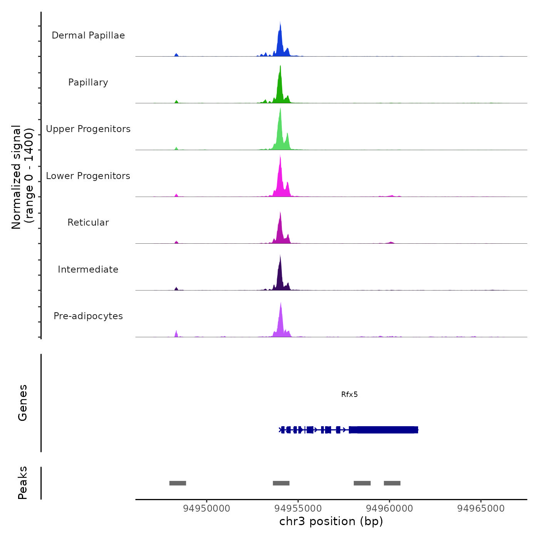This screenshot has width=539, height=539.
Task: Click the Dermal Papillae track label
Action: pyautogui.click(x=88, y=35)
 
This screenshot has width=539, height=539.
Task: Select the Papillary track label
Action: pyautogui.click(x=88, y=82)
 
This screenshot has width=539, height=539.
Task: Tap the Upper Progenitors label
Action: pyautogui.click(x=88, y=129)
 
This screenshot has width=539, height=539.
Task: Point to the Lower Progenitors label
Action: pyautogui.click(x=88, y=176)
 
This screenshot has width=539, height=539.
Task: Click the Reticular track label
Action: pyautogui.click(x=88, y=223)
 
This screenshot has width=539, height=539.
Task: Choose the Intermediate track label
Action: pyautogui.click(x=88, y=269)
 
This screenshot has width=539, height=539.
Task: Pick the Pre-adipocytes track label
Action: pyautogui.click(x=88, y=316)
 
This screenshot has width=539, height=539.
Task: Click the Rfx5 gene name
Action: pyautogui.click(x=349, y=394)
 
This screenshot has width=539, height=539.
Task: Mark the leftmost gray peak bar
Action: pyautogui.click(x=177, y=483)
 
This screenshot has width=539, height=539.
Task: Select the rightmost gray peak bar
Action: pyautogui.click(x=392, y=483)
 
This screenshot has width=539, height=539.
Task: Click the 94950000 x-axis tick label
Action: pyautogui.click(x=206, y=508)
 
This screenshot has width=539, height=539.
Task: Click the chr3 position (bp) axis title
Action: pyautogui.click(x=331, y=521)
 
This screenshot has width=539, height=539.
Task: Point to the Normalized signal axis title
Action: pyautogui.click(x=22, y=177)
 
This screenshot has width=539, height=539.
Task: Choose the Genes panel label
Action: pyautogui.click(x=22, y=402)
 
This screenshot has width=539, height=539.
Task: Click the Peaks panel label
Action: pyautogui.click(x=22, y=483)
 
